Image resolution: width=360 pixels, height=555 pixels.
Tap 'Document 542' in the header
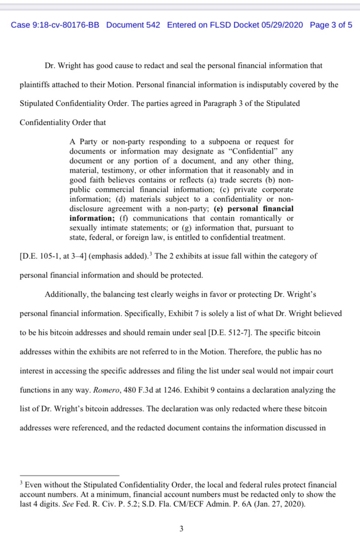133,25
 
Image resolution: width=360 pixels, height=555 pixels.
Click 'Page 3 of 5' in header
331,25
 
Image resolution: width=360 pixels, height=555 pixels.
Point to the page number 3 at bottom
181,529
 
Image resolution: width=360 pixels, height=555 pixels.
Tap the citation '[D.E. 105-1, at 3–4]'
53,256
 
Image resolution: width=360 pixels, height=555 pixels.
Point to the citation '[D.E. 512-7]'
231,333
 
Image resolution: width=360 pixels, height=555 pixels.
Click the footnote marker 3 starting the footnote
21,483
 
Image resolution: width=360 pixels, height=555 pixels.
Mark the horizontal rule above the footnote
69,475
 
